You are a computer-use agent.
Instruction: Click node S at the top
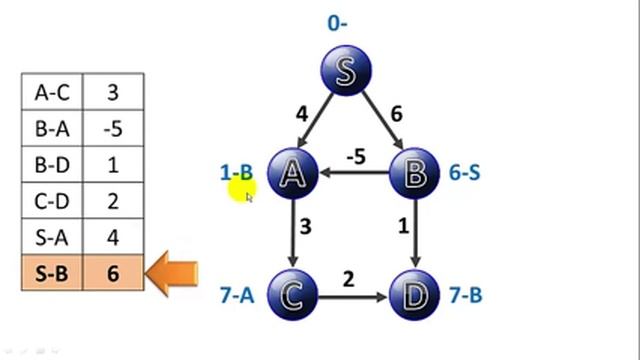(346, 71)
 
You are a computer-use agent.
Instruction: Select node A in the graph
(293, 173)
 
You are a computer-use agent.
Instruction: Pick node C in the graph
(293, 296)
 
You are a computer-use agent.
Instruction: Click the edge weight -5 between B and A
(354, 157)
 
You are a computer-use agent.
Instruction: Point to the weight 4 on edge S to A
(301, 114)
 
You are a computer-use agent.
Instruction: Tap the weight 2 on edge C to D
(348, 279)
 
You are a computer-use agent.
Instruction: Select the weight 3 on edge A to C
(305, 227)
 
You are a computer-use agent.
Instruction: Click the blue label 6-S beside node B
(464, 173)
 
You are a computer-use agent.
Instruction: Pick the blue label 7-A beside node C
(237, 295)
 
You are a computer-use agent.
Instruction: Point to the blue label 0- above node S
(337, 22)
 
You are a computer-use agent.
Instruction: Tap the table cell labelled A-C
(52, 92)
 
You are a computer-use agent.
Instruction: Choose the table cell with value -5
(113, 128)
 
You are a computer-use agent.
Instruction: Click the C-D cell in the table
(52, 200)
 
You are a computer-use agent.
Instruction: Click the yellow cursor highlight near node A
(242, 186)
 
